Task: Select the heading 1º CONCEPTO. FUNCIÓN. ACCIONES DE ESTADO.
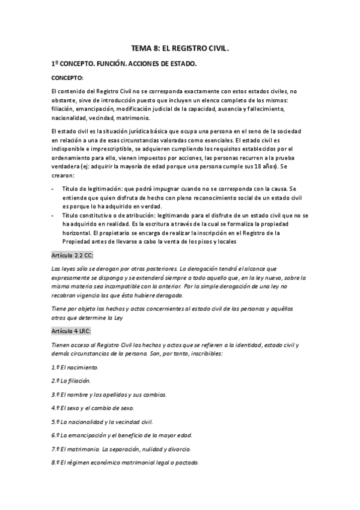click(124, 63)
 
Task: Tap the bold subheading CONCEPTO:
click(67, 78)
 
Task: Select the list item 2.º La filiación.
click(71, 380)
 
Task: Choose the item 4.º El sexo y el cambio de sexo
click(97, 408)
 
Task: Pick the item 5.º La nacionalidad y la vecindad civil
click(102, 422)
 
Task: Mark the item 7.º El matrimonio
click(121, 449)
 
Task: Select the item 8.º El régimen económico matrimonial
click(125, 463)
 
